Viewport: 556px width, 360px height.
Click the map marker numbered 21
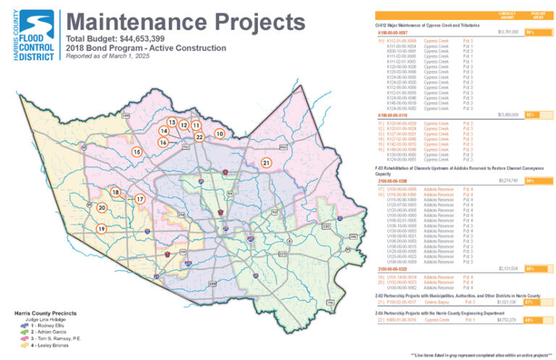pos(266,163)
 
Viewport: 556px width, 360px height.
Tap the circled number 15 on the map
pos(136,152)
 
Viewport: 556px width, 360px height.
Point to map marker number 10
pos(218,133)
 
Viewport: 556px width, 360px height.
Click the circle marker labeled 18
pos(115,192)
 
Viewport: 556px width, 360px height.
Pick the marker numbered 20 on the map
pos(101,208)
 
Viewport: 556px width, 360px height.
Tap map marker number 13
pos(172,122)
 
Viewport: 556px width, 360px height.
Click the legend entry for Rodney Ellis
pos(43,327)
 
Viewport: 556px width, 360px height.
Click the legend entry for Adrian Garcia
pos(45,333)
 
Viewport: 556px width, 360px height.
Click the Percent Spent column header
pos(536,16)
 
